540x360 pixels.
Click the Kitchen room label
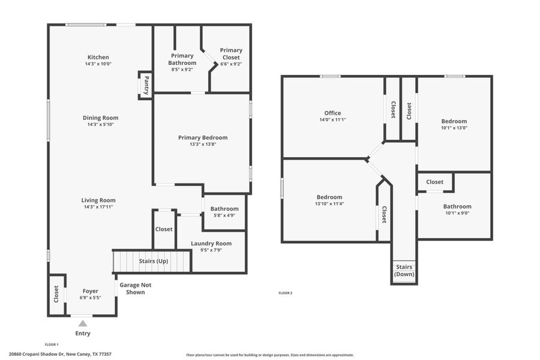point(98,57)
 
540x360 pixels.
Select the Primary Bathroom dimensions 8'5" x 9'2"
point(182,70)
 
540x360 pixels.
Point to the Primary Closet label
point(231,54)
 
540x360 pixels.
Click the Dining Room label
point(100,118)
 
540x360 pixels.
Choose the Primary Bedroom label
point(203,137)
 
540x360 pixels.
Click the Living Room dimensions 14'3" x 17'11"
point(98,206)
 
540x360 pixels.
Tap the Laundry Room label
point(211,243)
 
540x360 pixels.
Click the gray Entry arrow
point(83,323)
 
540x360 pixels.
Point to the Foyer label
point(90,291)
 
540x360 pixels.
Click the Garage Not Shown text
point(132,289)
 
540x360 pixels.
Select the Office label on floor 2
point(332,113)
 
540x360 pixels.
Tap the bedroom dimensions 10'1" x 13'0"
point(454,127)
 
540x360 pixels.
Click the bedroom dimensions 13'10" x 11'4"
point(329,203)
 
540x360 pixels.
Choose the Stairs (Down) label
point(404,271)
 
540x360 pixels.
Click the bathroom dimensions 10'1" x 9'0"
point(457,212)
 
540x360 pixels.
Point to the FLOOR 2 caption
point(286,293)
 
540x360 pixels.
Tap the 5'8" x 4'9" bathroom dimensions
point(224,215)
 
